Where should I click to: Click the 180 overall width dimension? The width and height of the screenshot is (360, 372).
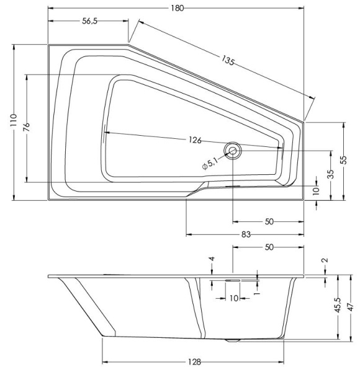click(176, 6)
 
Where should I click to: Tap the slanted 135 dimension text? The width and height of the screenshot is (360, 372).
click(228, 61)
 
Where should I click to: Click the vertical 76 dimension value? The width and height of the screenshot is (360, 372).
click(26, 127)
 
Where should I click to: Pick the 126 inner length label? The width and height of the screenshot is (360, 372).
click(195, 140)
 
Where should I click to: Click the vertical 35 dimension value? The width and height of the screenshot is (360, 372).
click(331, 174)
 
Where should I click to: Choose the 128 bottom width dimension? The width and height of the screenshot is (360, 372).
click(194, 362)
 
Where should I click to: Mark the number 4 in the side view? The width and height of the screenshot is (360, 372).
click(212, 259)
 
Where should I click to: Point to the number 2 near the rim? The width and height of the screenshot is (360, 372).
click(325, 260)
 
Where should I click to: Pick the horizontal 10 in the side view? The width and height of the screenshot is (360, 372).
click(233, 298)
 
